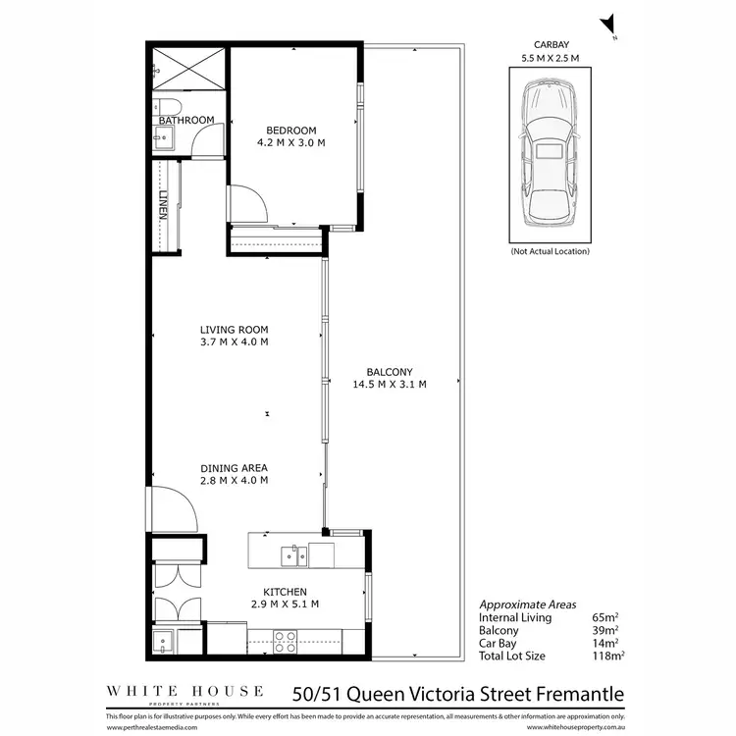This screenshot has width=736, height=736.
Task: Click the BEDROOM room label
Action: (x=291, y=131)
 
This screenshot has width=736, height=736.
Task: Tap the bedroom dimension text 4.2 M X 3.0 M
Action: (x=291, y=143)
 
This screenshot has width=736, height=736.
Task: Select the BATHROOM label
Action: (x=186, y=120)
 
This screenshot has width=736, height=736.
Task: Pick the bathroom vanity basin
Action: (x=163, y=139)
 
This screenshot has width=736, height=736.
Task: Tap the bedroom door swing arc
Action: (x=247, y=203)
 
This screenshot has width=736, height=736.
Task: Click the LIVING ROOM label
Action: (x=234, y=330)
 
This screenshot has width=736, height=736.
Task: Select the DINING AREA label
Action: (x=234, y=468)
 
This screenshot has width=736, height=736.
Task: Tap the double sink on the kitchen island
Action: (x=290, y=555)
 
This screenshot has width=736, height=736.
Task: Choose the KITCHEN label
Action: (x=285, y=592)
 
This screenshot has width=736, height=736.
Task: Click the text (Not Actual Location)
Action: (x=550, y=252)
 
